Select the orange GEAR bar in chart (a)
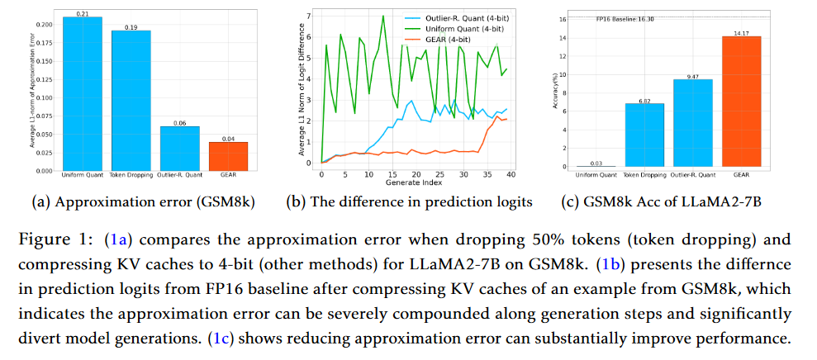coord(228,156)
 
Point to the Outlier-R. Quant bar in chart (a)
coord(179,149)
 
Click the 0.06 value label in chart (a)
coord(179,122)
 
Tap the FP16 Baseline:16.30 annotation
coord(625,19)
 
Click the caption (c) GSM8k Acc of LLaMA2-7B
coord(669,201)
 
